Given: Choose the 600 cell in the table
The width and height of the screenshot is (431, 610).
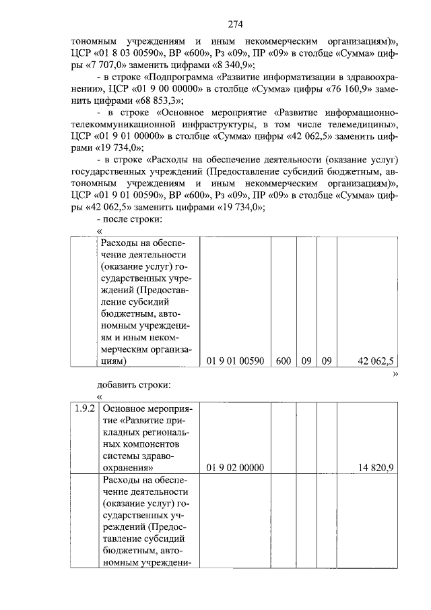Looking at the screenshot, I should pyautogui.click(x=283, y=361).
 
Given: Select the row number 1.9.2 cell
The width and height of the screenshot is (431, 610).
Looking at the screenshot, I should pyautogui.click(x=86, y=409).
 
